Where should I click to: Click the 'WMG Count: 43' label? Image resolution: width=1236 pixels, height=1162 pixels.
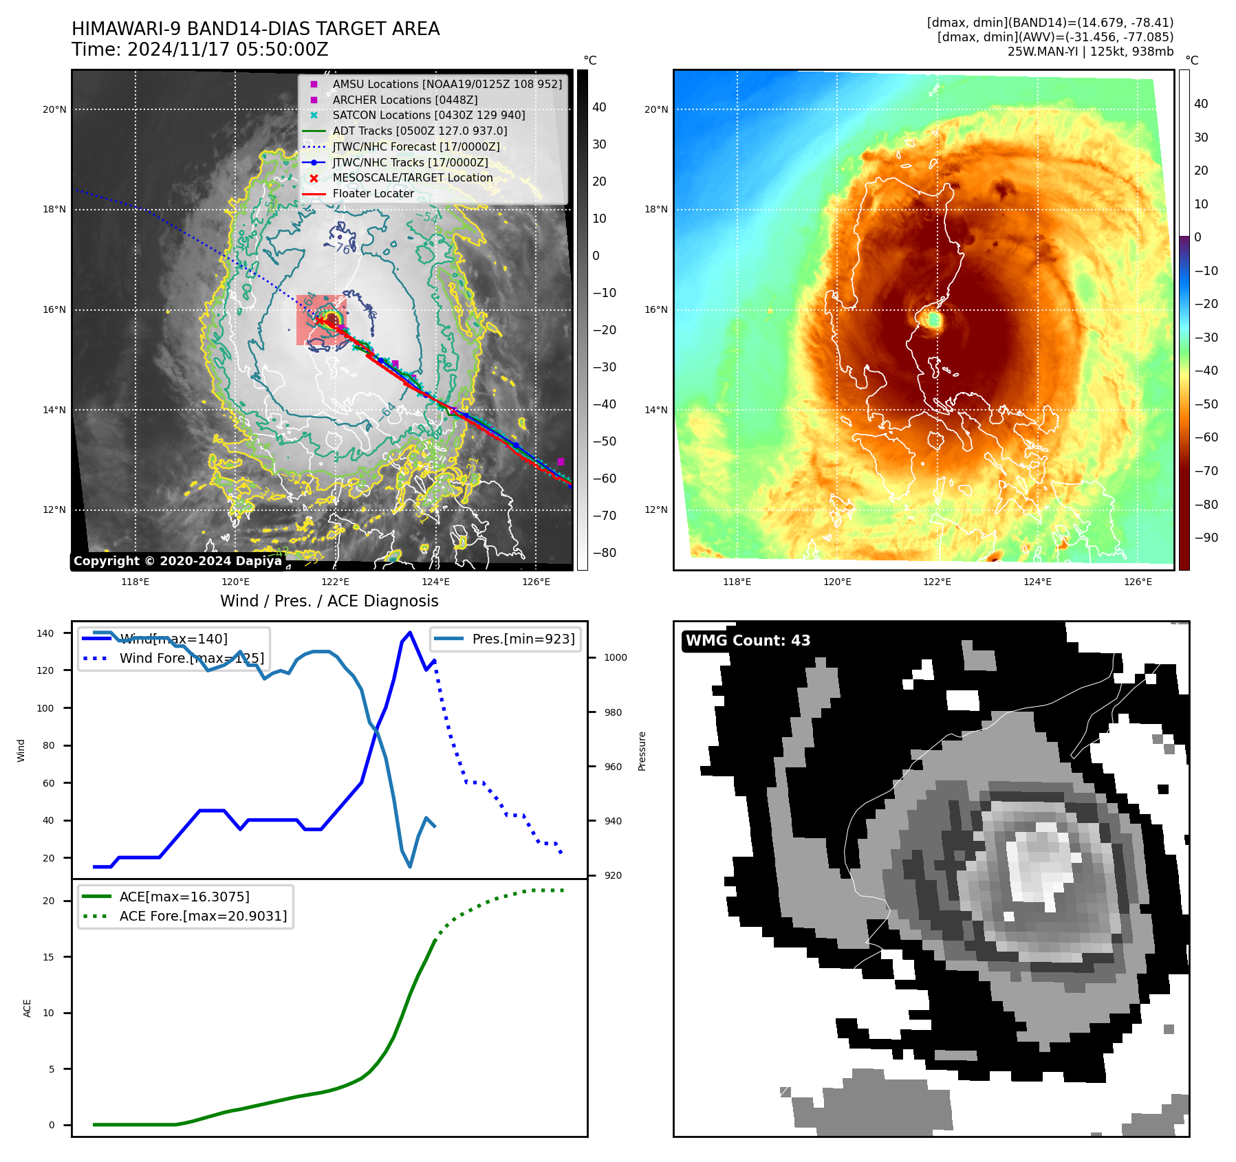coord(748,641)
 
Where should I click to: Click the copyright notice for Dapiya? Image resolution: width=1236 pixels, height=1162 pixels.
coord(177,561)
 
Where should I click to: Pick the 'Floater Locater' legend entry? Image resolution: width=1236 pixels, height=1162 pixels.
coord(373,194)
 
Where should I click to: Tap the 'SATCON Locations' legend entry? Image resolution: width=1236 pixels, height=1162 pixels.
coord(428,116)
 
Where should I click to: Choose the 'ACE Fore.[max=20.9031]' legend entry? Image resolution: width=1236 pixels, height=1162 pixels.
coord(203,916)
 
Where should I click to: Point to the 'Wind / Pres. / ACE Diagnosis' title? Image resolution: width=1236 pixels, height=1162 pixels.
coord(329,601)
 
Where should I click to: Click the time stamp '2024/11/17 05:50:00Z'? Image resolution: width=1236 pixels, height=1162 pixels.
coord(228,50)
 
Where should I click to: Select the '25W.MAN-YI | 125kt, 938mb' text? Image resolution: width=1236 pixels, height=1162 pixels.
coord(1090,52)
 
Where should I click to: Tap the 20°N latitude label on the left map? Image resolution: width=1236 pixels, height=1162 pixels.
coord(54,109)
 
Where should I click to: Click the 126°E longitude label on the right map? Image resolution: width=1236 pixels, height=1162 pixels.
coord(1138,582)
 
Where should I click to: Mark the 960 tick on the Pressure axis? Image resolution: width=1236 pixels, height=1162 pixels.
coord(613,767)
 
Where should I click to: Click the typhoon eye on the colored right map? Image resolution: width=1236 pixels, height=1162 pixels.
coord(933,319)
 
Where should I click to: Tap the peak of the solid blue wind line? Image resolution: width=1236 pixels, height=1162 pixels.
coord(410,633)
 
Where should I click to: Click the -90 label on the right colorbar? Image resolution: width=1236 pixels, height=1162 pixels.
coord(1206,538)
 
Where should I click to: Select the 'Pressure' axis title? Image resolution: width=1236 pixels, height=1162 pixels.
coord(642,751)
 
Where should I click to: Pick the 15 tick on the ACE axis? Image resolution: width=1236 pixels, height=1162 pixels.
coord(48,957)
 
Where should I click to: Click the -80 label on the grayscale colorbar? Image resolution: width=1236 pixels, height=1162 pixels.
coord(604,553)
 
